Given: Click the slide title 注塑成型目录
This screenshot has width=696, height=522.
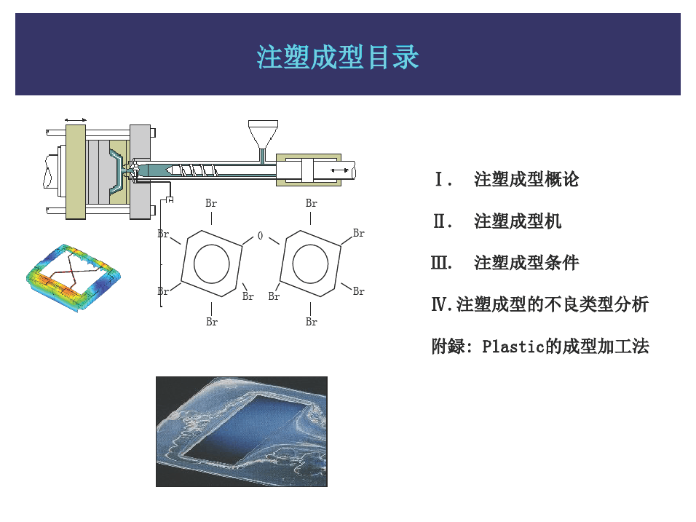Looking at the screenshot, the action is click(x=337, y=57).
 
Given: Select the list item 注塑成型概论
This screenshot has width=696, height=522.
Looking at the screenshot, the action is click(x=526, y=179).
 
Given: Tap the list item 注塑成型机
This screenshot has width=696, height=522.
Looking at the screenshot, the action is click(x=518, y=221).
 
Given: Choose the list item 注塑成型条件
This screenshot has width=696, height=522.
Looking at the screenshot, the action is click(x=526, y=263).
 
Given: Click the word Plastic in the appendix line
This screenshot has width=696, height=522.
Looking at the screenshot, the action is click(x=513, y=347).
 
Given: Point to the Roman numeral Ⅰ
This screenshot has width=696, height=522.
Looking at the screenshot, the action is click(x=440, y=179).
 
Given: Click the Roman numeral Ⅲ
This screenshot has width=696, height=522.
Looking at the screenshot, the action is click(x=440, y=263).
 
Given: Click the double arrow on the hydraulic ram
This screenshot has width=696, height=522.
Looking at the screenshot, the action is click(x=340, y=170).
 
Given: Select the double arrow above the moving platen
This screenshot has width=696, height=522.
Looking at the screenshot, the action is click(x=76, y=120).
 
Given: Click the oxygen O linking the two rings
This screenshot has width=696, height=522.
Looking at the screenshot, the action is click(x=260, y=236).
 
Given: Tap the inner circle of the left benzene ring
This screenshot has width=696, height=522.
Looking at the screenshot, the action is click(x=212, y=264).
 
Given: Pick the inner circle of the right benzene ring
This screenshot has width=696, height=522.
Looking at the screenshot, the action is click(x=310, y=264).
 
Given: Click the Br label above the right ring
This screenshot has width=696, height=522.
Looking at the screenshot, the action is click(x=311, y=203).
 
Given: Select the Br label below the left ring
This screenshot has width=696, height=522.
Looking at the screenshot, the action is click(x=212, y=322).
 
